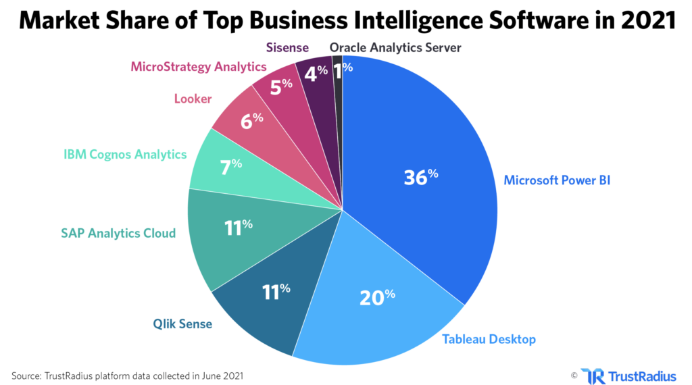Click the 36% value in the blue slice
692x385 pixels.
pyautogui.click(x=420, y=177)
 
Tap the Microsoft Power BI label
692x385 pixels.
pyautogui.click(x=557, y=180)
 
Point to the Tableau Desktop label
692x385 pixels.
pyautogui.click(x=489, y=339)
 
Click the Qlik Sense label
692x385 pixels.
pyautogui.click(x=181, y=324)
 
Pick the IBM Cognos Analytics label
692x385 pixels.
pyautogui.click(x=124, y=155)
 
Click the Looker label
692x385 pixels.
pyautogui.click(x=193, y=99)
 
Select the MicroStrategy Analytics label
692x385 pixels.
pyautogui.click(x=198, y=67)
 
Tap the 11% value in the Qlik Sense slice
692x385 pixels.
pyautogui.click(x=276, y=292)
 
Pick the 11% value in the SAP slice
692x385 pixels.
pyautogui.click(x=238, y=226)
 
